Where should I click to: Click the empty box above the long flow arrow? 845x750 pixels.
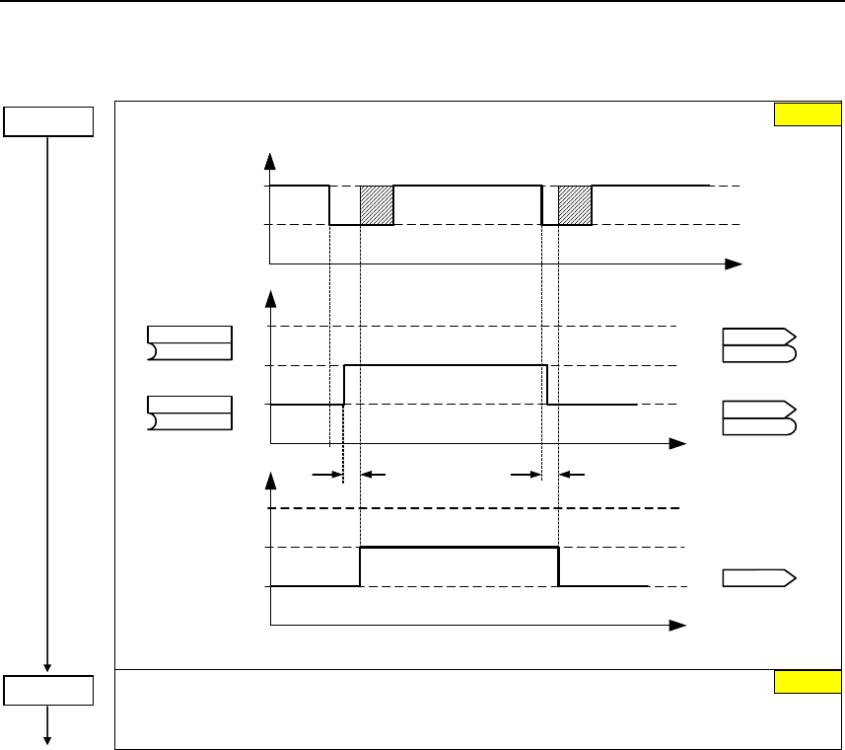pyautogui.click(x=47, y=120)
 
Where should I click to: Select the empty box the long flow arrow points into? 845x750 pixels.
pyautogui.click(x=47, y=690)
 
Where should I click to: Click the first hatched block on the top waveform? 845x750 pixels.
pyautogui.click(x=377, y=205)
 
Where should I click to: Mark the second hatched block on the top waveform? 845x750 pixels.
pyautogui.click(x=575, y=205)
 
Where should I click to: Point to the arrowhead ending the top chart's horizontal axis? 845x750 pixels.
pyautogui.click(x=734, y=264)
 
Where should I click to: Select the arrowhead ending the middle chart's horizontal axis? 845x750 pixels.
pyautogui.click(x=678, y=443)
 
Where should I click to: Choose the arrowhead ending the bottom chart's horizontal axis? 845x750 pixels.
pyautogui.click(x=678, y=626)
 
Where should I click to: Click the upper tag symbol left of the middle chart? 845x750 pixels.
pyautogui.click(x=189, y=341)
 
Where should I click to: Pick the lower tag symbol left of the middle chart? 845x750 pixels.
pyautogui.click(x=189, y=412)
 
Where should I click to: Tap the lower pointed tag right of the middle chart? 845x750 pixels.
pyautogui.click(x=759, y=418)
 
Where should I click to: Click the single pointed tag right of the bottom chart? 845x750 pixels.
pyautogui.click(x=760, y=578)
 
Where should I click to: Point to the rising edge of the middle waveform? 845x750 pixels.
pyautogui.click(x=344, y=385)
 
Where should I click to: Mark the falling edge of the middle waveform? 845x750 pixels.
pyautogui.click(x=547, y=385)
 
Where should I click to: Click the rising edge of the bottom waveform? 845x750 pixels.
pyautogui.click(x=361, y=566)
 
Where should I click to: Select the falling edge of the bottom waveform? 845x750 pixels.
pyautogui.click(x=559, y=566)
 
